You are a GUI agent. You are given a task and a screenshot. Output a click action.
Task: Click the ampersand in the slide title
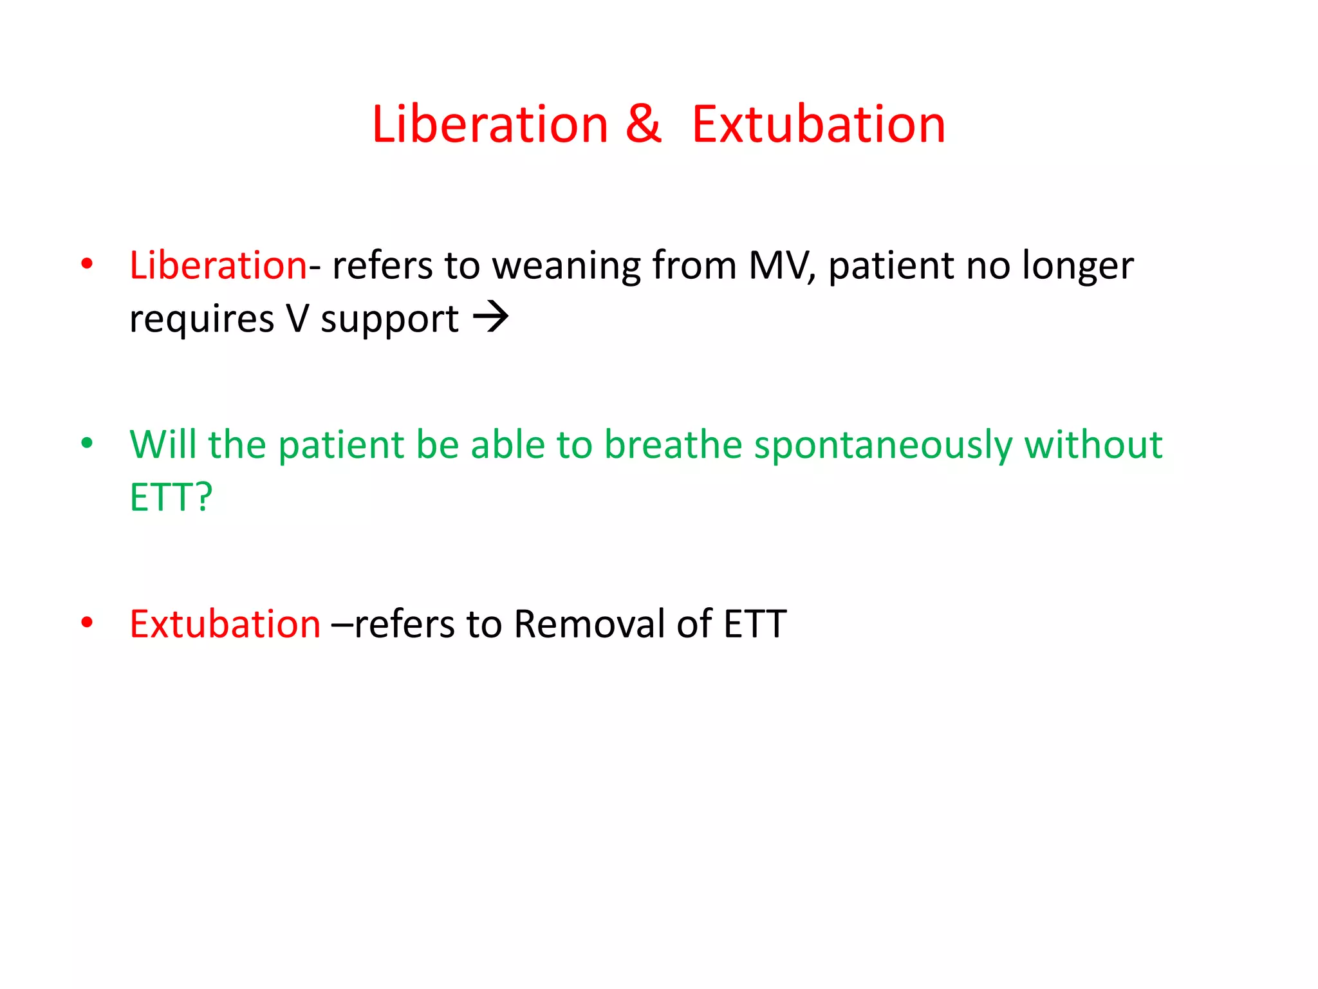click(643, 124)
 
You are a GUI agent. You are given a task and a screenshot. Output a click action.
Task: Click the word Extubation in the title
click(819, 124)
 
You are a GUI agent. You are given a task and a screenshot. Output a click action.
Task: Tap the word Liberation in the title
click(490, 124)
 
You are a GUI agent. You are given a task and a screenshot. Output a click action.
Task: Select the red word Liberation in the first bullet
click(218, 265)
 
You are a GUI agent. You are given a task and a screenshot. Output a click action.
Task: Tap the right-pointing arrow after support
click(490, 317)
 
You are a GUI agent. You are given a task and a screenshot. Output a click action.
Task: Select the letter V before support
click(297, 319)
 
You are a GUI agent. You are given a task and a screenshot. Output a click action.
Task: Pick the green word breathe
click(673, 444)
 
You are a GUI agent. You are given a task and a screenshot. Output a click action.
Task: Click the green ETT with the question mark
click(171, 497)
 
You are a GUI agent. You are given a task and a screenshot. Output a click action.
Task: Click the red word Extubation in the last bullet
click(225, 624)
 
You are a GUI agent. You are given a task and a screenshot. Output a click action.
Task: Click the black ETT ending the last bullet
click(754, 624)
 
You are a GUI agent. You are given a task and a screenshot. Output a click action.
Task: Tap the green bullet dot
click(87, 443)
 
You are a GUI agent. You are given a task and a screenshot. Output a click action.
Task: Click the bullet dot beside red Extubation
click(87, 623)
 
